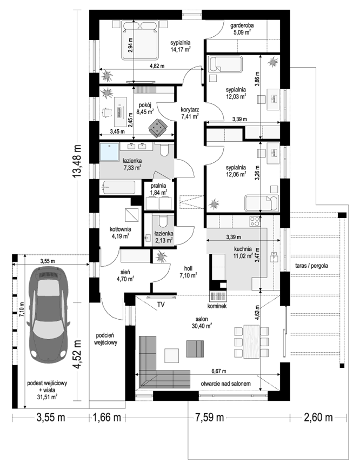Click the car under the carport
point(48,314)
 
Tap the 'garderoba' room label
point(242,25)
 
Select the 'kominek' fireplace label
point(218,306)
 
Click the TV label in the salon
point(161,305)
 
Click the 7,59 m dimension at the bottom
point(209,417)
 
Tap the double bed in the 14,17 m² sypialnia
point(139,40)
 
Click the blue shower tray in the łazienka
point(110,152)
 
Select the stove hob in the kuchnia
point(255,221)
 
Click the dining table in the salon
point(252,341)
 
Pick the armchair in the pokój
point(158,128)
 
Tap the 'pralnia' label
point(158,186)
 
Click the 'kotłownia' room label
point(120,229)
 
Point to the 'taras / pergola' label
point(311,265)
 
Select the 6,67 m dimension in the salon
point(219,371)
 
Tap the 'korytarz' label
point(190,109)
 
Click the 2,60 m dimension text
point(318,417)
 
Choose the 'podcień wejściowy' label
point(106,339)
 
